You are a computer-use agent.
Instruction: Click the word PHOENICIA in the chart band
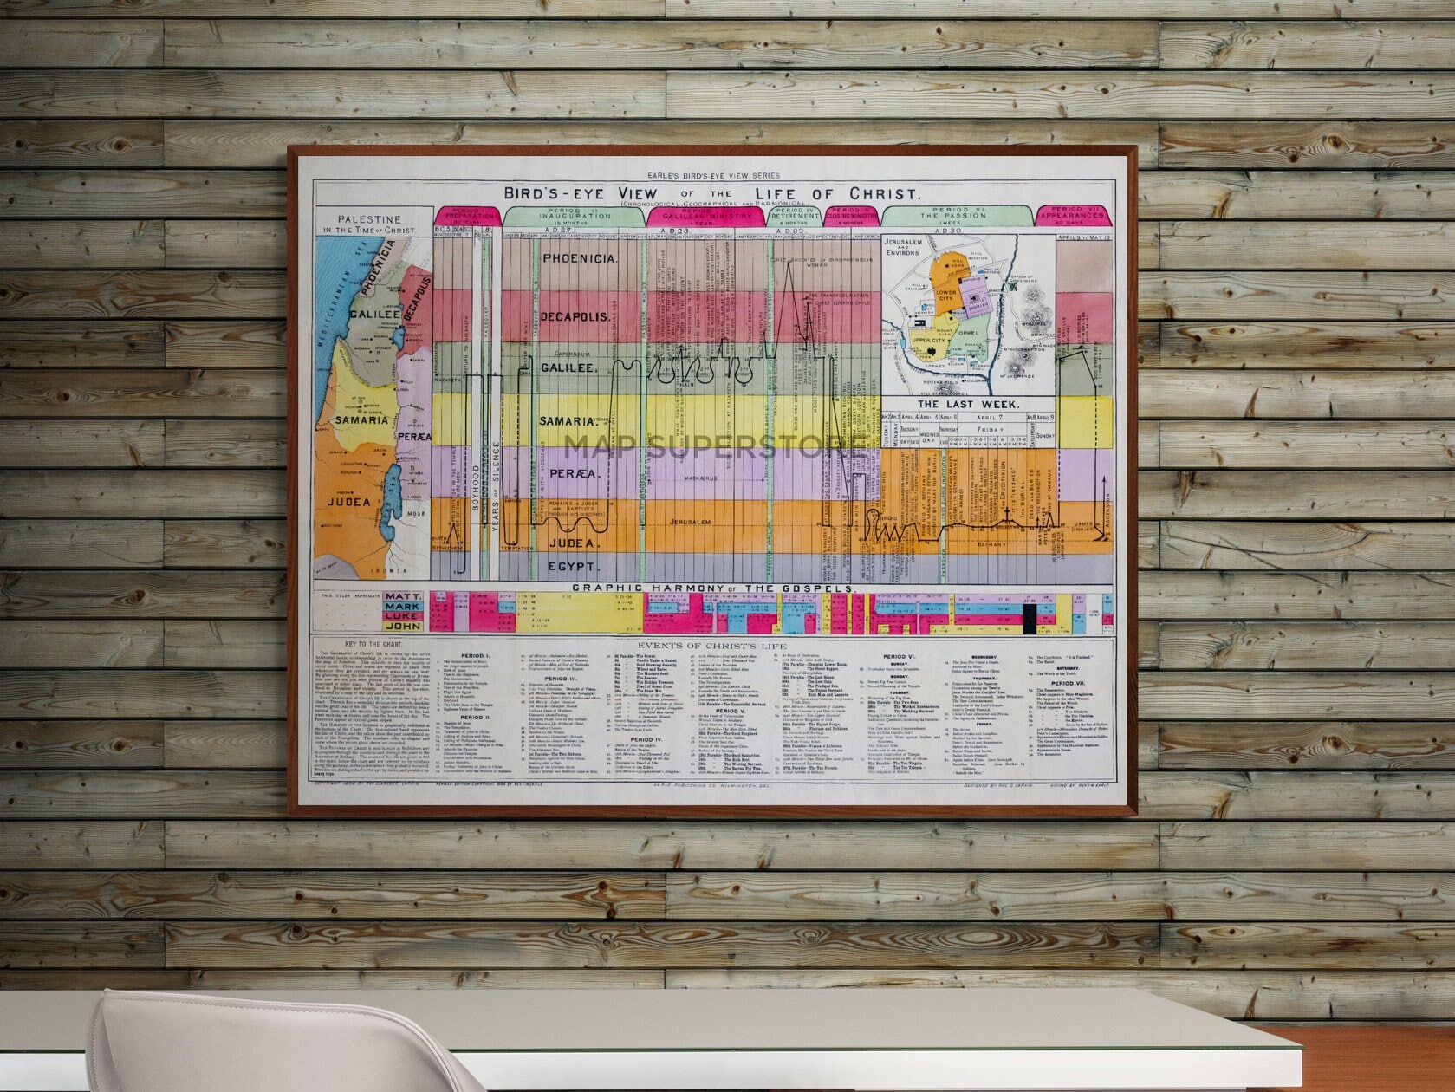(579, 259)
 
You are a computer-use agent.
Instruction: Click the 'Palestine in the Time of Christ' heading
(370, 224)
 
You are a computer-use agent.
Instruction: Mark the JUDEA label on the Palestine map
(348, 501)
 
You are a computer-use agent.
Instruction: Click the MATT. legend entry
(404, 597)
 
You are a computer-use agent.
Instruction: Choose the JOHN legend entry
(404, 625)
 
